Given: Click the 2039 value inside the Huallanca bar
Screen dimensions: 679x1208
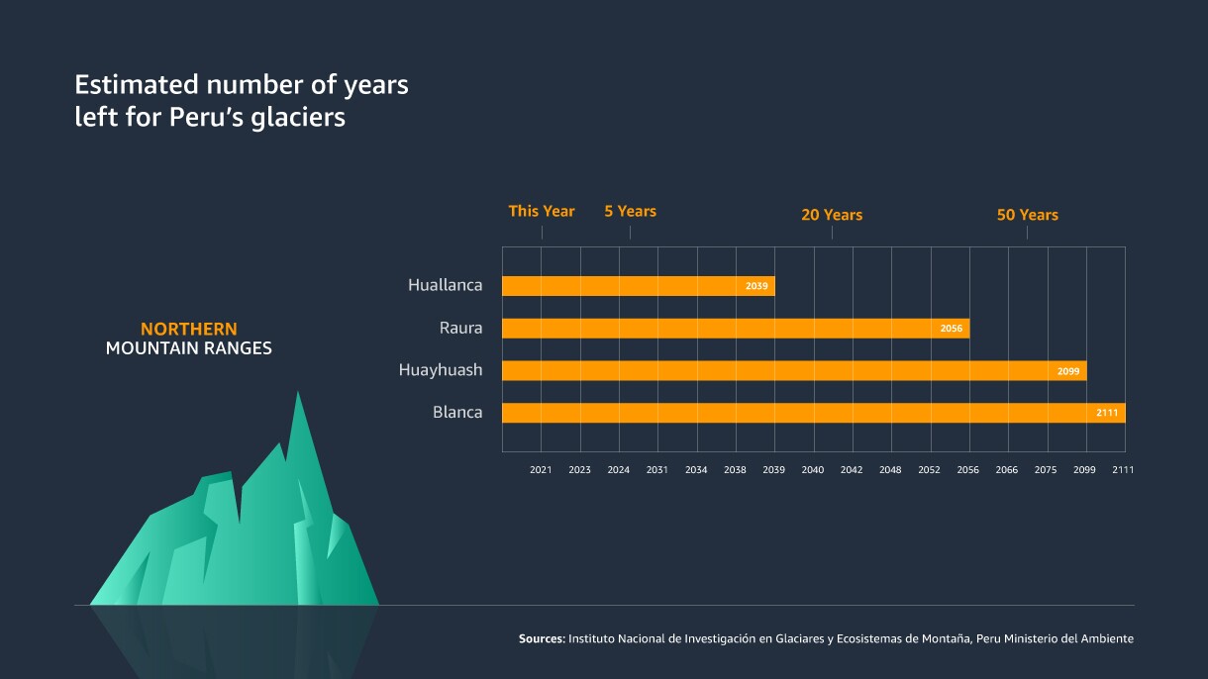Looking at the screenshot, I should click(756, 286).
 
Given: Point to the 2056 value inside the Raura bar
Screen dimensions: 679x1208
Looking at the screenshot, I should click(952, 329).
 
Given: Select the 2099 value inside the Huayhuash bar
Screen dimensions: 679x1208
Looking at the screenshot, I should click(1068, 371).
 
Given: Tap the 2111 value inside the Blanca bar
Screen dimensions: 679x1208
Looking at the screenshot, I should click(1107, 413).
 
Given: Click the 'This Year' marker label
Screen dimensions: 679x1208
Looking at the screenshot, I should click(542, 211).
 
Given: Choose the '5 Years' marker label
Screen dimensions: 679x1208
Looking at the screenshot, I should click(630, 211).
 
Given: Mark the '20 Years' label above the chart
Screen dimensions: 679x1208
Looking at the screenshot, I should click(832, 215).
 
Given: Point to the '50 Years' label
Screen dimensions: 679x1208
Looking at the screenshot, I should click(1027, 215).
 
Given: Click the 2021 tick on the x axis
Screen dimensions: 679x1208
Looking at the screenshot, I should click(541, 470).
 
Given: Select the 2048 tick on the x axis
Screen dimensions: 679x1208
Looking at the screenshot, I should click(890, 470).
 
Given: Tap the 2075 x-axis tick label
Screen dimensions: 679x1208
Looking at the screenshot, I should click(1046, 470).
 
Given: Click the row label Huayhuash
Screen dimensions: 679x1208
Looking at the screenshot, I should click(441, 370).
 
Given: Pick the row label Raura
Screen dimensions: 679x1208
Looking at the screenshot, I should click(460, 328).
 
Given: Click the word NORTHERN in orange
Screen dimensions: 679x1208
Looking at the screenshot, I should click(188, 329).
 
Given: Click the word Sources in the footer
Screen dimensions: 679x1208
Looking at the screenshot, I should click(542, 639).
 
